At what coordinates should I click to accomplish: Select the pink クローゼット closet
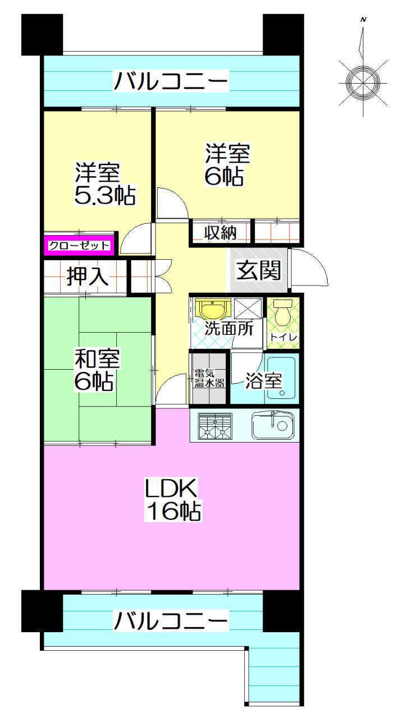pos(79,245)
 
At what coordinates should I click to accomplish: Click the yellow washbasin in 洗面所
pos(213,310)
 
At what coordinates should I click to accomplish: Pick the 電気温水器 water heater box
pos(209,378)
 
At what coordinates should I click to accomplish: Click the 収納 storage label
pos(219,231)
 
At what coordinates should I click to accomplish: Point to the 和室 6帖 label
pos(95,370)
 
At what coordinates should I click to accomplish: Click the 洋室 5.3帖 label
pos(105,183)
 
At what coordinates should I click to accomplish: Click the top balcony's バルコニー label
pos(171,82)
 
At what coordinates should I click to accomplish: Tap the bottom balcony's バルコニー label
pos(171,622)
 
